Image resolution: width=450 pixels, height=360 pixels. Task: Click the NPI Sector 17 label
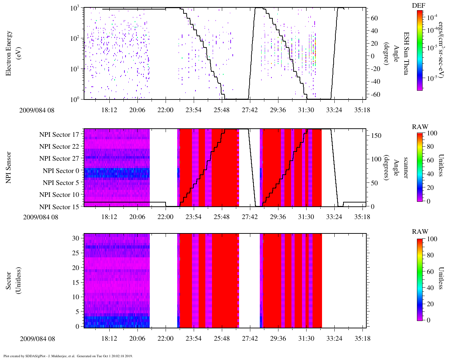(x=59, y=134)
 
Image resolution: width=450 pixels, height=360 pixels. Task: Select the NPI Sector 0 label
(x=61, y=171)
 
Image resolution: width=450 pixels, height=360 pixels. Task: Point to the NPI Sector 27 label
(x=59, y=159)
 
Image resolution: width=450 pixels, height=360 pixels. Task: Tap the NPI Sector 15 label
(x=59, y=207)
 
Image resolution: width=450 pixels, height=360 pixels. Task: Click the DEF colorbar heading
(x=419, y=5)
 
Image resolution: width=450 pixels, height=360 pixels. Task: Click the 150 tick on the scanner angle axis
(x=376, y=136)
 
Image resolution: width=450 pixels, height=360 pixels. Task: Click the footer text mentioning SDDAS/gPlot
(x=67, y=356)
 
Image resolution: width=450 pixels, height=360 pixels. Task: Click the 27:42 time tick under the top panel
(x=250, y=110)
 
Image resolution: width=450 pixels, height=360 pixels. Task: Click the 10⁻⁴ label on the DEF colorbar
(x=432, y=17)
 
